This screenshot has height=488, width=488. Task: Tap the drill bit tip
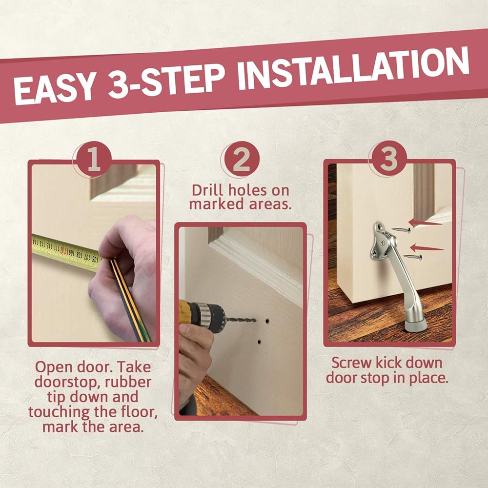255,320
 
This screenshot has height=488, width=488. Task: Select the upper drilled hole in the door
267,321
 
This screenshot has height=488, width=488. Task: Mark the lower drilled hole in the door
259,342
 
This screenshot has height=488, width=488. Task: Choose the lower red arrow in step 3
427,248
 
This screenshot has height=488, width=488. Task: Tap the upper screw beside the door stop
401,230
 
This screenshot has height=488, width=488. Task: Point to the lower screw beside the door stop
413,257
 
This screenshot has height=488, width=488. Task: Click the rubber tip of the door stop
415,326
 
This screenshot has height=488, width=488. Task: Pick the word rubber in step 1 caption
128,382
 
